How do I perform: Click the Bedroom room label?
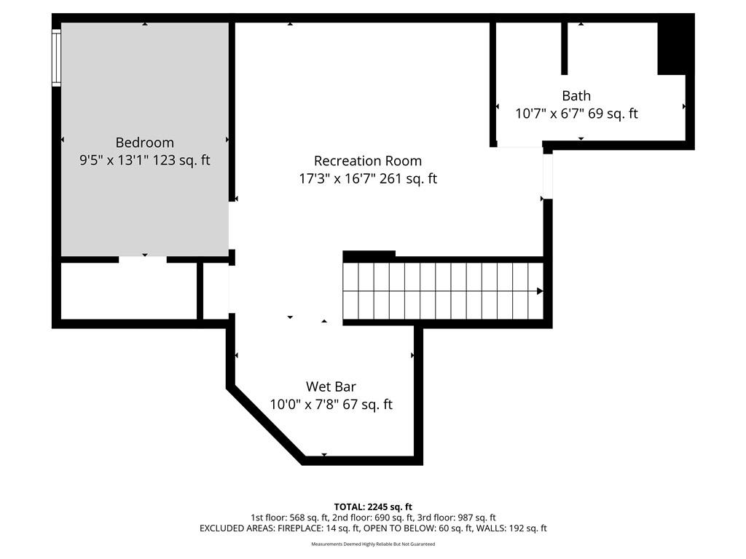click(x=145, y=143)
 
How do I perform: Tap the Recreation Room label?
click(x=368, y=161)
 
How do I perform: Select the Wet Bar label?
click(x=331, y=386)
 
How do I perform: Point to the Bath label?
click(x=576, y=95)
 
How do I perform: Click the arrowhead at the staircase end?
click(x=540, y=291)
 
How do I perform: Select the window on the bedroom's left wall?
click(x=57, y=58)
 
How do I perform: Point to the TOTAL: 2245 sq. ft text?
click(x=373, y=507)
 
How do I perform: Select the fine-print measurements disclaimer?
click(x=373, y=544)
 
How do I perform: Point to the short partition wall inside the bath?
click(x=565, y=49)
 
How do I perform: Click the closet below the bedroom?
click(x=129, y=291)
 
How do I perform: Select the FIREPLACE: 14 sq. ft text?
click(x=318, y=528)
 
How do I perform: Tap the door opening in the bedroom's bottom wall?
click(x=143, y=260)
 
